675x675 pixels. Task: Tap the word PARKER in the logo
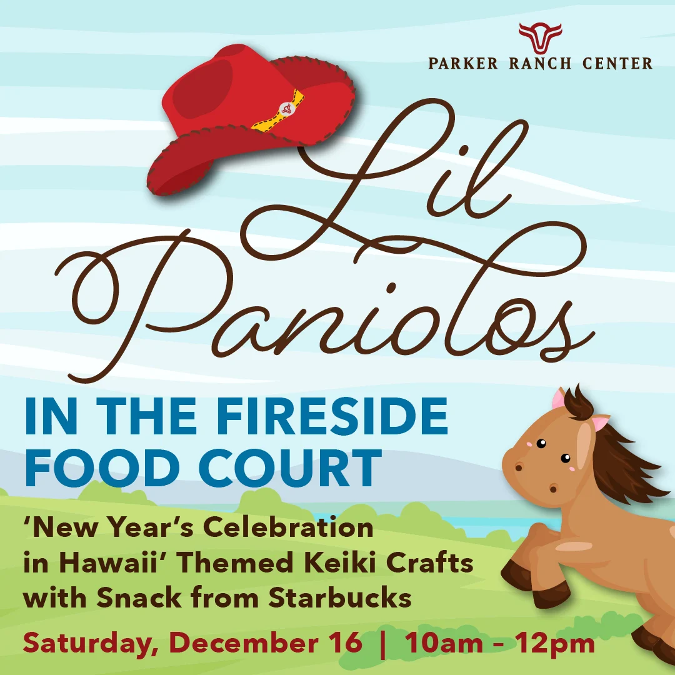[462, 63]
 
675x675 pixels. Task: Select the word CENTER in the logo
[617, 63]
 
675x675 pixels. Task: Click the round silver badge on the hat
[286, 108]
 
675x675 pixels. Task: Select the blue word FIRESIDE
[332, 416]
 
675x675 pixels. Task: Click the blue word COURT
[290, 468]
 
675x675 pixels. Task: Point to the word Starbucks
[340, 598]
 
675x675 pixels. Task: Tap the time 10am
[444, 642]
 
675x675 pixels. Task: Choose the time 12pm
[556, 644]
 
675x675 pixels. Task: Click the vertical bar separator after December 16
[383, 644]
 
